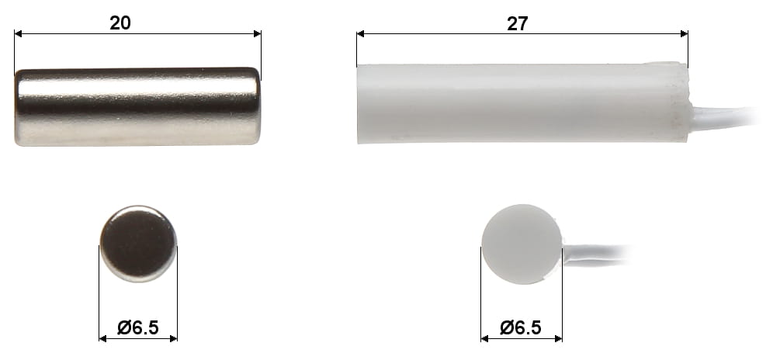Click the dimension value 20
pos(120,22)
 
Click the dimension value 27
pos(517,23)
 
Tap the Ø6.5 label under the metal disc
pos(137,328)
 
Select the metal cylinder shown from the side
pos(137,106)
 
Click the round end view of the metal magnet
pos(138,244)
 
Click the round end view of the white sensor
pos(521,244)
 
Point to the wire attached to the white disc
pos(598,254)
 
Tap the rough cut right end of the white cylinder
pos(684,103)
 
